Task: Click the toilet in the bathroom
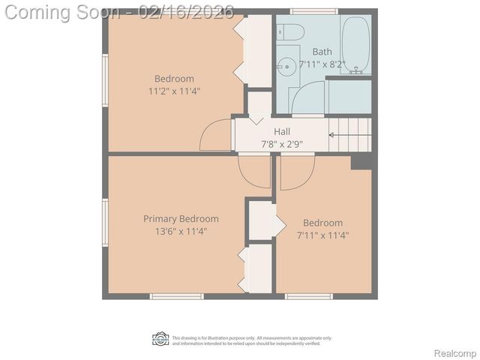[291, 31]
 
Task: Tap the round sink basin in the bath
[285, 66]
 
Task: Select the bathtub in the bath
[357, 45]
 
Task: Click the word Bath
[322, 52]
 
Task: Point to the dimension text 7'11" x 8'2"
[322, 64]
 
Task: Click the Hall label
[282, 131]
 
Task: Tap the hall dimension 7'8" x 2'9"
[282, 143]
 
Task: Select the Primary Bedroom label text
[181, 219]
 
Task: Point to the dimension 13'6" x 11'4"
[181, 231]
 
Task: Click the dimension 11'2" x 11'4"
[175, 91]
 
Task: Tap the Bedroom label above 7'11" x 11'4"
[322, 223]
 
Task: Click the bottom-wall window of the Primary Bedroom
[176, 296]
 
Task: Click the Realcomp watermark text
[455, 353]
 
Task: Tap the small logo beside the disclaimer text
[160, 339]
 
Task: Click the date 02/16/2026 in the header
[190, 12]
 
